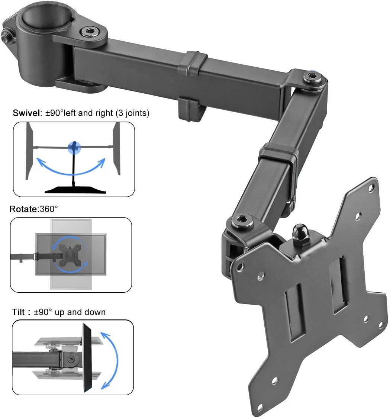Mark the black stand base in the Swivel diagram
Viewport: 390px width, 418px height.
pos(75,189)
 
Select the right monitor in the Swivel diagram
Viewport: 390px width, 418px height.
pos(117,148)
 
